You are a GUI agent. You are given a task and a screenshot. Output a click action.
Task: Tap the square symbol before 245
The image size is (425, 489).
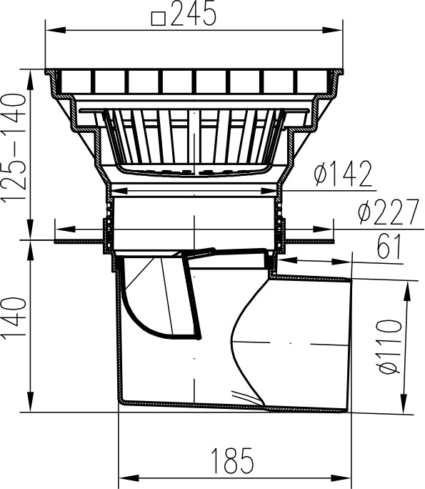(x=158, y=19)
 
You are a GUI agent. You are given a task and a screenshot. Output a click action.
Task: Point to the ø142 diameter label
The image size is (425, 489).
(x=343, y=174)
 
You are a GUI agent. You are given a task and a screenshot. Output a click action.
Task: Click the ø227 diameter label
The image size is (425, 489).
(x=389, y=212)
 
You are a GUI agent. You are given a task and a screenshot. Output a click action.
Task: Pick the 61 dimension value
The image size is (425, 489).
(x=389, y=247)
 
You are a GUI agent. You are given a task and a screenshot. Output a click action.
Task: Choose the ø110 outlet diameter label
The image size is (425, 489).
(x=389, y=346)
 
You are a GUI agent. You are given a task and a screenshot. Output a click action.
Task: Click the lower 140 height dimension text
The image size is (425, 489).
(x=14, y=317)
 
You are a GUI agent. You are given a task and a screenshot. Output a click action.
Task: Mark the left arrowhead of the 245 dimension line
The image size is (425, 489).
(x=56, y=30)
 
